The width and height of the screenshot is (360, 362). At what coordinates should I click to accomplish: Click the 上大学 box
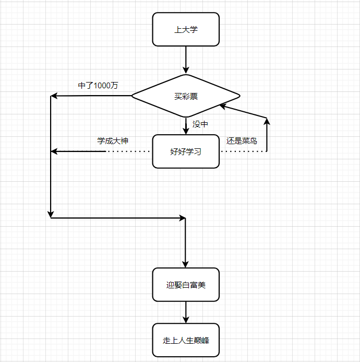(186, 29)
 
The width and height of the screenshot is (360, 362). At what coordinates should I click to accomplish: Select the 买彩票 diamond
(186, 96)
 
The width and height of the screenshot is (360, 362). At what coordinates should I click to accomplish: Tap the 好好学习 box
(186, 151)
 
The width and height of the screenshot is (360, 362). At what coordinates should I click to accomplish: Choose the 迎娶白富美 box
(186, 285)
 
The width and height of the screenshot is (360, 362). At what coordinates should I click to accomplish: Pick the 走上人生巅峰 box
(186, 340)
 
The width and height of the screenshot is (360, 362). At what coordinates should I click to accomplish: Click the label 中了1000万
(98, 86)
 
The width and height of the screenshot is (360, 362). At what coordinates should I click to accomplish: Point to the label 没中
(200, 124)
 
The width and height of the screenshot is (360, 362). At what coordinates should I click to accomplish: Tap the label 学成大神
(113, 141)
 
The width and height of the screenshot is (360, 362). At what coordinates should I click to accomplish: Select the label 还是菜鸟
(242, 141)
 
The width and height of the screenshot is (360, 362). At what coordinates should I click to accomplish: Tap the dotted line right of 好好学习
(243, 151)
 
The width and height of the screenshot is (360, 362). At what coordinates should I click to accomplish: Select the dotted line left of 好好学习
(129, 151)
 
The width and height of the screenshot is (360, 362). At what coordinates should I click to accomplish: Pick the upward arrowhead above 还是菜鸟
(267, 122)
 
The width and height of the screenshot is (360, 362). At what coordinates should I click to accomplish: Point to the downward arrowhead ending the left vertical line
(51, 214)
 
